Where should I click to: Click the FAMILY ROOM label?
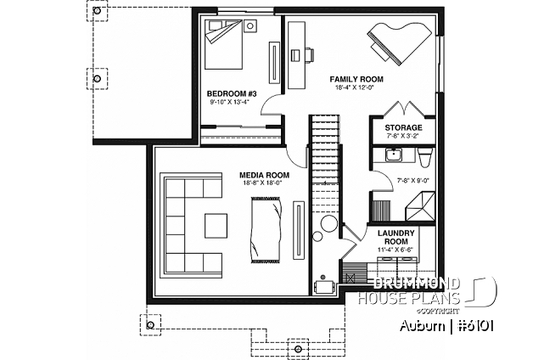click(356, 79)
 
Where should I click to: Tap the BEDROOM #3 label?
click(232, 93)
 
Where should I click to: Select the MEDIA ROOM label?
click(265, 175)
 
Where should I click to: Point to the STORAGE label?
click(403, 128)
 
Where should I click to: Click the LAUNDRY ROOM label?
click(396, 237)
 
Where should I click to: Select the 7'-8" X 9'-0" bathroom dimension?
click(412, 181)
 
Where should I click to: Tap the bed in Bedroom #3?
click(224, 44)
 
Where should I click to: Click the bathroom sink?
click(394, 155)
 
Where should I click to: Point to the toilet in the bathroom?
click(425, 157)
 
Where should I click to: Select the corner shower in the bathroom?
click(420, 206)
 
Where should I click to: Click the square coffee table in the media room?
click(216, 226)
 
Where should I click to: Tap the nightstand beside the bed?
click(250, 25)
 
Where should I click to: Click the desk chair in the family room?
click(309, 55)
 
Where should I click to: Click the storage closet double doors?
click(403, 109)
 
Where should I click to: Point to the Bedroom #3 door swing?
click(271, 104)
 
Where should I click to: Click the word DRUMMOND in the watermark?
click(417, 284)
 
